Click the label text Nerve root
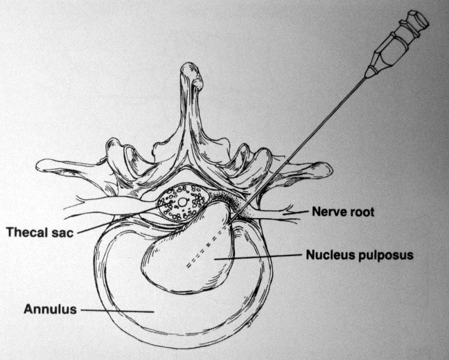(343, 212)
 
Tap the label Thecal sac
(40, 232)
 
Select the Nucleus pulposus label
(360, 255)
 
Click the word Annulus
(50, 309)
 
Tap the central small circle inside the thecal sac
(182, 202)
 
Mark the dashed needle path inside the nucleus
(208, 246)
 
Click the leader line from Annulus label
(117, 311)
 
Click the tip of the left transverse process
(38, 165)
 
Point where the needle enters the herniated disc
(231, 222)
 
